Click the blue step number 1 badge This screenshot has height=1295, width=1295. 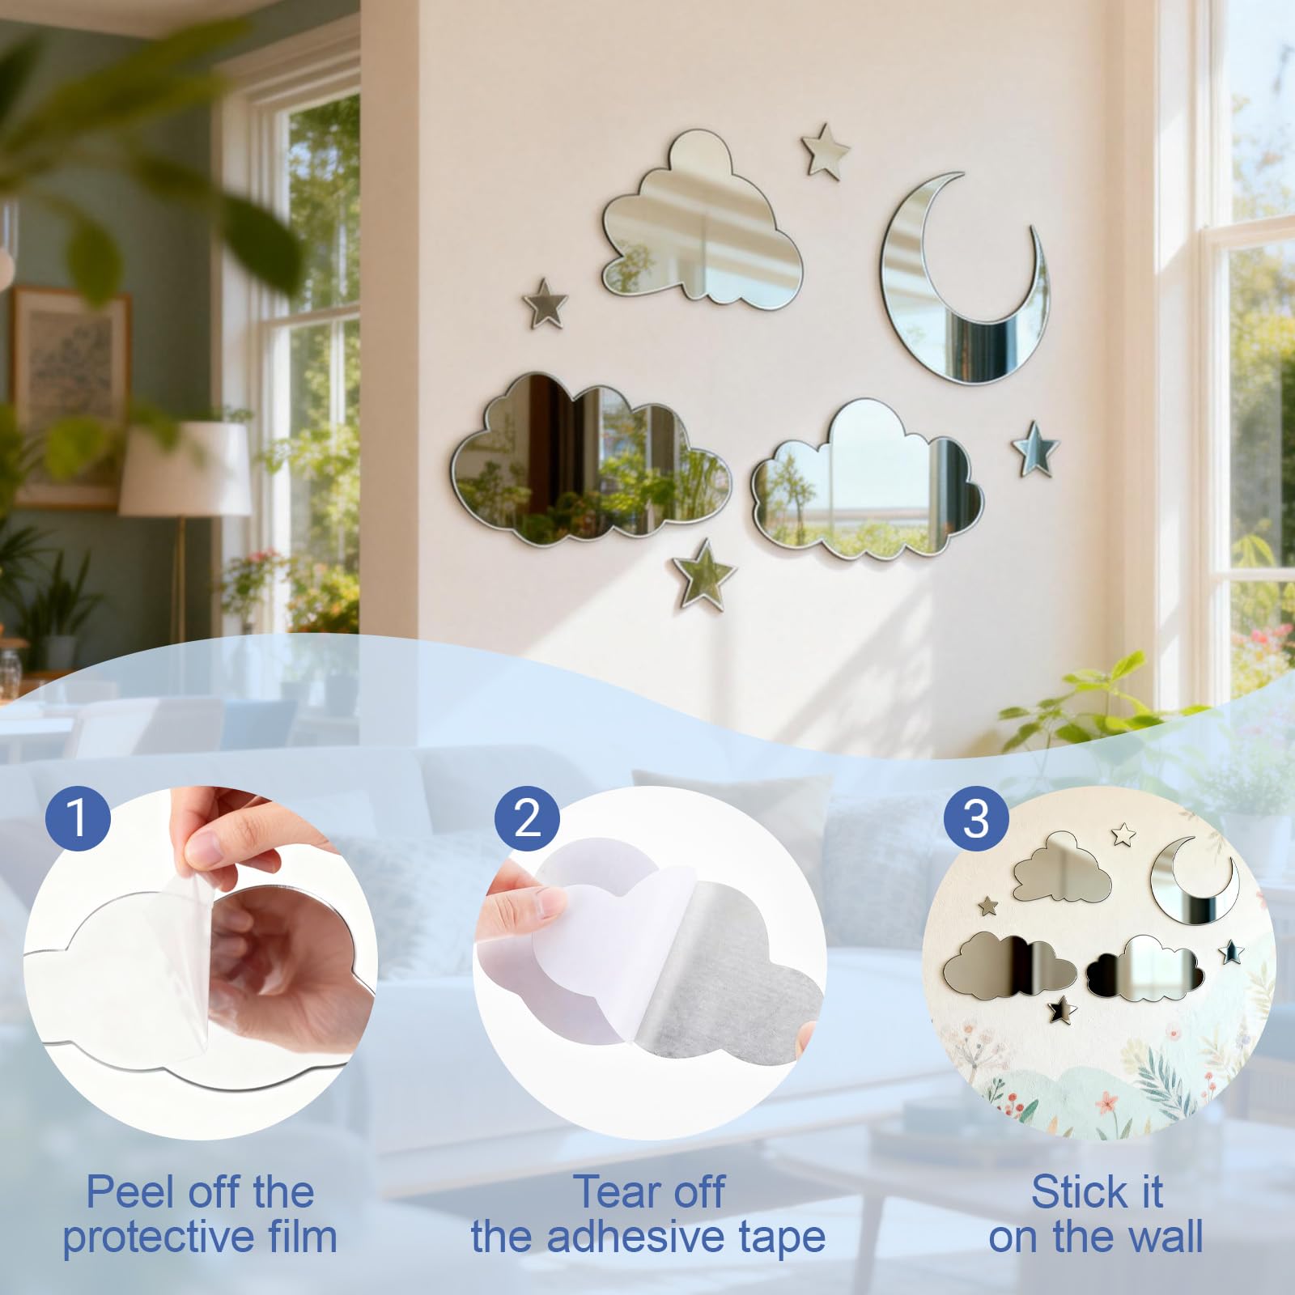point(78,817)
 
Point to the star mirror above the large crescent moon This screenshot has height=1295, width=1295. point(825,151)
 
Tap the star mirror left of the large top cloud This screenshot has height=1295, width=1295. point(545,304)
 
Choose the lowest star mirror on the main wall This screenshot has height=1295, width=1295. point(703,575)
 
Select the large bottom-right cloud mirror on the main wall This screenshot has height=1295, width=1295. point(867,482)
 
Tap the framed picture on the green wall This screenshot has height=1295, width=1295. point(71,396)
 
